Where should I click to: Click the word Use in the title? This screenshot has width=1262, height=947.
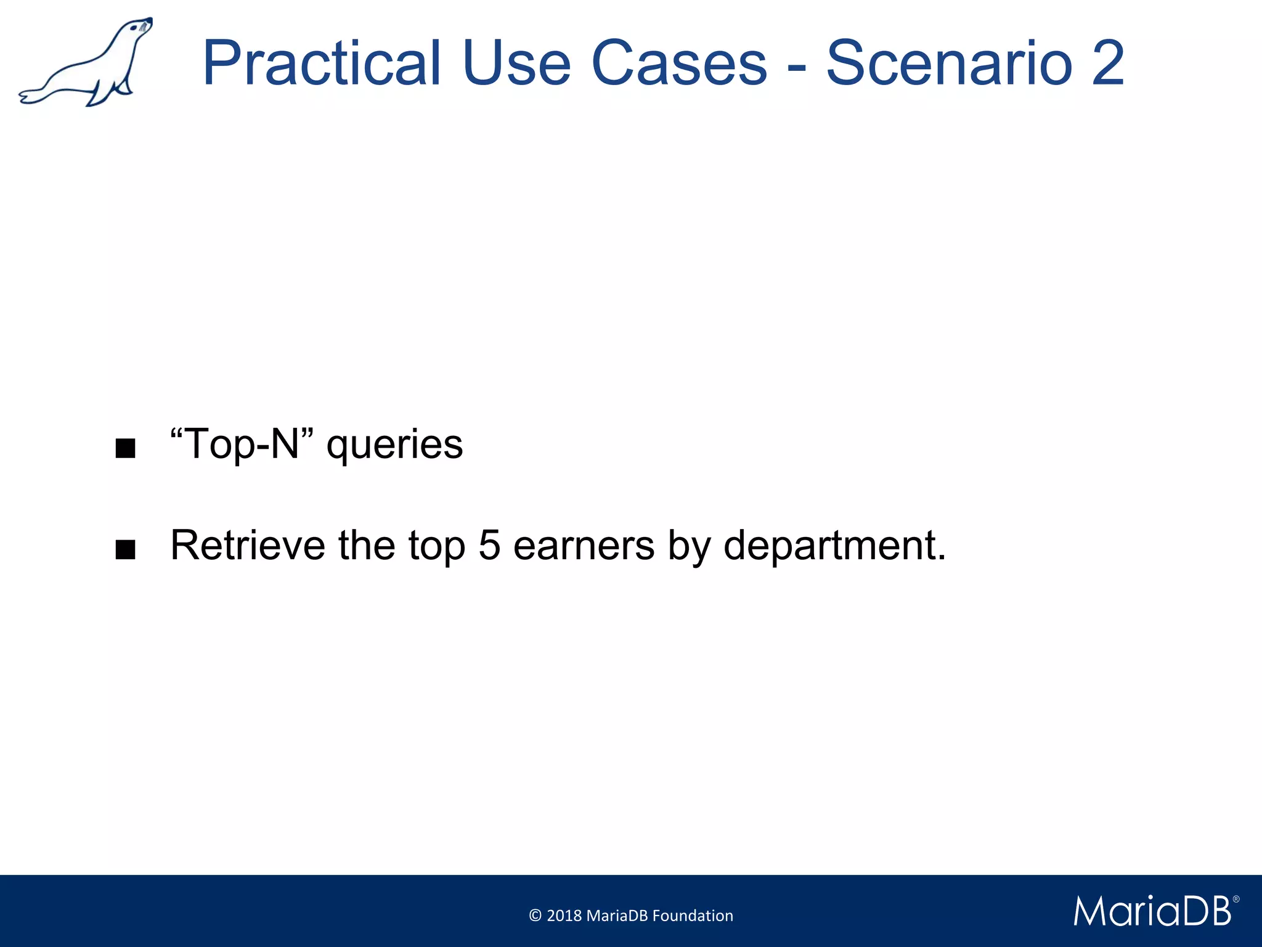[x=516, y=64]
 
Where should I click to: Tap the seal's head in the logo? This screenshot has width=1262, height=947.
[x=141, y=28]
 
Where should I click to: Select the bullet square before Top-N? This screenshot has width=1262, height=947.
[x=125, y=448]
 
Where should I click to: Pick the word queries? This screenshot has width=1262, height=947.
[x=394, y=445]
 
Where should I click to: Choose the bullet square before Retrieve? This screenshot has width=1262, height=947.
[x=125, y=549]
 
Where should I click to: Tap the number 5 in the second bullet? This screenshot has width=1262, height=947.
[x=489, y=545]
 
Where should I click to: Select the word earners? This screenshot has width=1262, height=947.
[x=584, y=546]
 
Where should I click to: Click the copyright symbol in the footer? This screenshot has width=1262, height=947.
[x=535, y=916]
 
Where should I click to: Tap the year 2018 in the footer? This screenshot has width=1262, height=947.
[x=564, y=916]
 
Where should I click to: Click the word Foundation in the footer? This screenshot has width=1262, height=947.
[x=693, y=916]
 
